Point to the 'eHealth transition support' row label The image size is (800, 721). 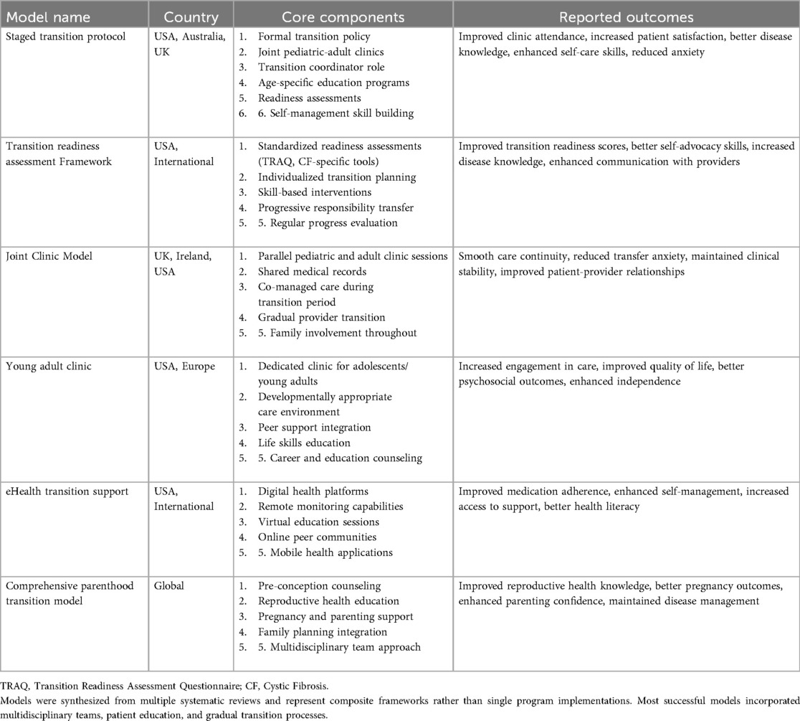coord(67,491)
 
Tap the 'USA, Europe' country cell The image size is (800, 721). coord(184,367)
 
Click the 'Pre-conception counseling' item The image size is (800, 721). coord(320,586)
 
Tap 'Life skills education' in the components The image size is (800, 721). coord(305,443)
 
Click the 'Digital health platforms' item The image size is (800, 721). coord(313,491)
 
